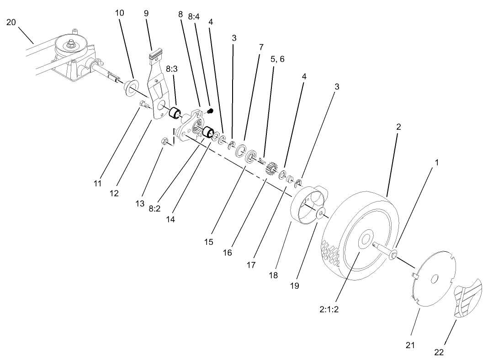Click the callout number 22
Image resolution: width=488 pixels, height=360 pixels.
pyautogui.click(x=439, y=352)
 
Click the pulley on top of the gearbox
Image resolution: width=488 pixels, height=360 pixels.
pyautogui.click(x=70, y=46)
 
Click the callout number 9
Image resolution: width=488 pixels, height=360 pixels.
pyautogui.click(x=146, y=13)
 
